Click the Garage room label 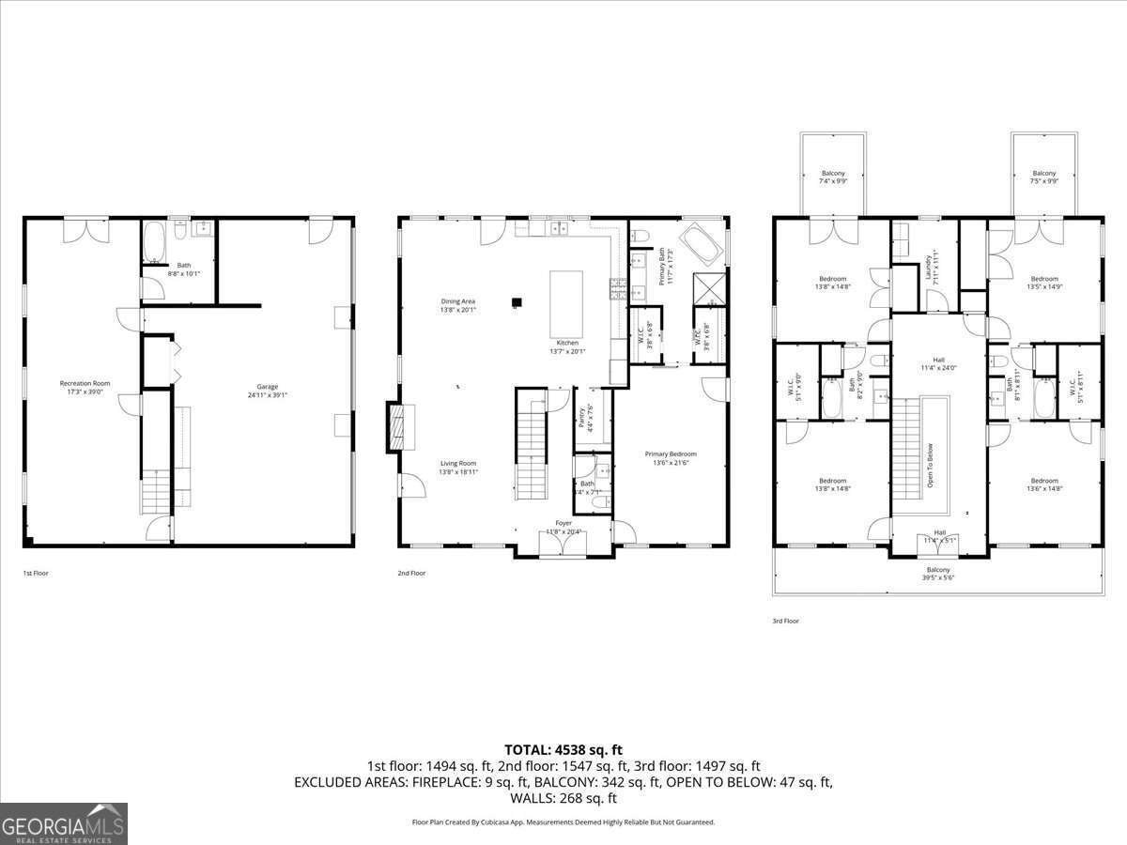[268, 391]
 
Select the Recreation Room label [85, 387]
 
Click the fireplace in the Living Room [398, 427]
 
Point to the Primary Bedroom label [671, 458]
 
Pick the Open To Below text [931, 465]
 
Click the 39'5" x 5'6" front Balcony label [937, 574]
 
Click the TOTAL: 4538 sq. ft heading [563, 749]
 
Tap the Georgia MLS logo [64, 823]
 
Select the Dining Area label [458, 305]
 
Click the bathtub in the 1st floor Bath [155, 242]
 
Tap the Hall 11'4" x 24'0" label [937, 363]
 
